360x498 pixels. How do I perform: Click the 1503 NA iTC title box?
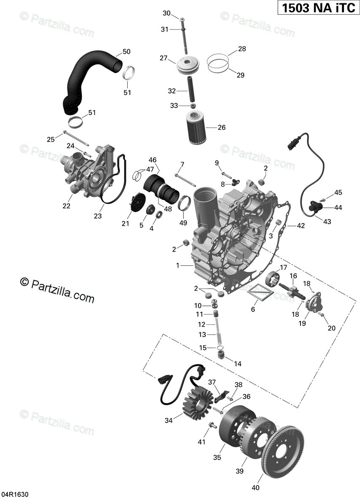click(317, 8)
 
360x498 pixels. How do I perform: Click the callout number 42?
click(301, 226)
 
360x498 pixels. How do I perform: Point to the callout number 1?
click(178, 265)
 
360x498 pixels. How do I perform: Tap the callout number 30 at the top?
click(167, 13)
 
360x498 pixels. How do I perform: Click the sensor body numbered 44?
click(315, 208)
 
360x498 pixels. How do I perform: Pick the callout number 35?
click(217, 458)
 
